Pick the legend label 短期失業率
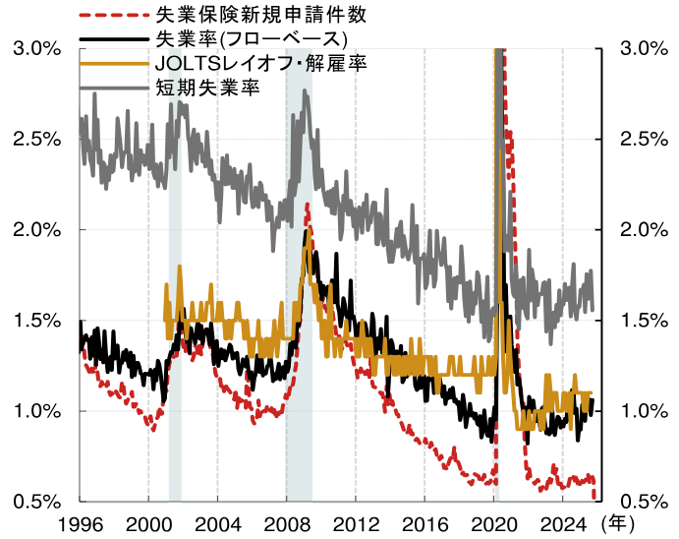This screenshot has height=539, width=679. click(206, 87)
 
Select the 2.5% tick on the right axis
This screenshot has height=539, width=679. click(645, 139)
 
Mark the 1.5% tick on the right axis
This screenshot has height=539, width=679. click(645, 321)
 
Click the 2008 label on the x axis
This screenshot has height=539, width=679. click(286, 522)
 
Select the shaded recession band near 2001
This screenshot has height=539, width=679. click(175, 295)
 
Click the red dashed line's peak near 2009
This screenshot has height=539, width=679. click(308, 206)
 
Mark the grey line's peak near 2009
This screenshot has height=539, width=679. click(306, 92)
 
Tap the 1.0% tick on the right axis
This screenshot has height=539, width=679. click(645, 411)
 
